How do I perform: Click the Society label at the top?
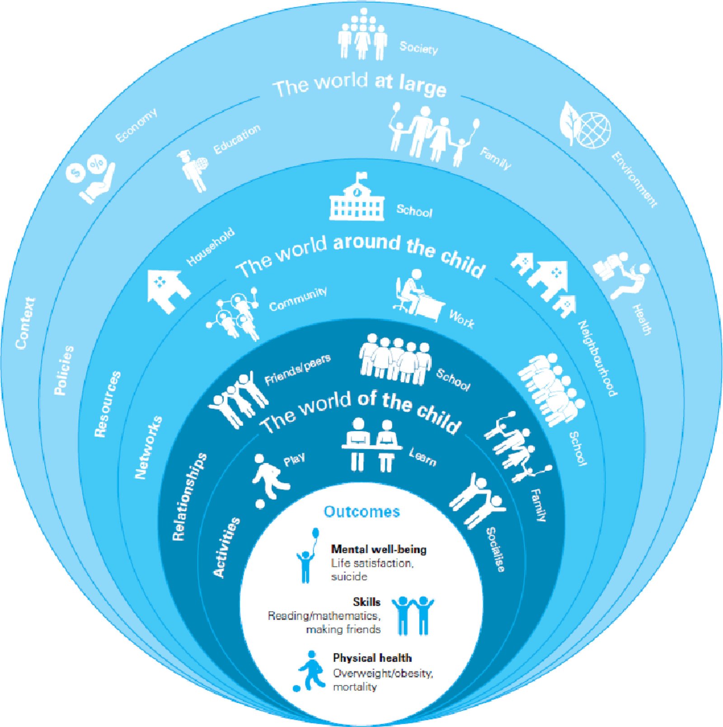[x=418, y=47]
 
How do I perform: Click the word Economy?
[x=136, y=125]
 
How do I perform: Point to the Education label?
[x=237, y=139]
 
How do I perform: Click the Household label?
[x=211, y=246]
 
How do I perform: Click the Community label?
[x=298, y=300]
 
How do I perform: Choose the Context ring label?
[x=25, y=323]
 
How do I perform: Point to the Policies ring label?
[x=63, y=370]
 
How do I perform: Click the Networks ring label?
[x=148, y=447]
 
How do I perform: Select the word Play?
[x=294, y=460]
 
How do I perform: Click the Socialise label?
[x=495, y=549]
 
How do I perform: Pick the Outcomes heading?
[x=361, y=511]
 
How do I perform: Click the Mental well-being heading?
[x=379, y=549]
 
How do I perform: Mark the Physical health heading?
[x=372, y=658]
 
